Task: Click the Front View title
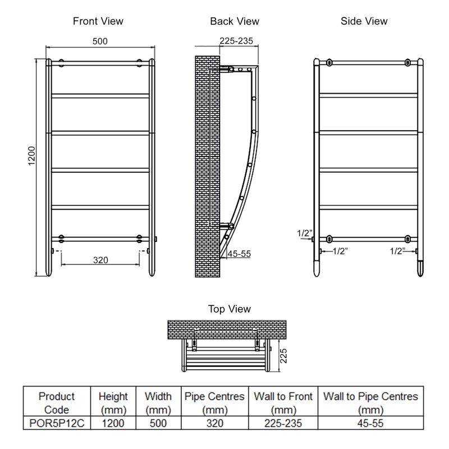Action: (x=98, y=21)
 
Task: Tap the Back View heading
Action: (x=235, y=21)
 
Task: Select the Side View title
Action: (x=364, y=21)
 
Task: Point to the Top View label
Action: (x=230, y=309)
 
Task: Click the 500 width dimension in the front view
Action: (x=100, y=41)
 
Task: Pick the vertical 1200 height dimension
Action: (x=31, y=156)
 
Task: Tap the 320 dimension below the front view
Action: (x=100, y=260)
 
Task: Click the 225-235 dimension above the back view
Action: (x=236, y=41)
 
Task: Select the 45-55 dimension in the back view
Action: (x=239, y=254)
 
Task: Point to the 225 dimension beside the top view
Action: (x=283, y=356)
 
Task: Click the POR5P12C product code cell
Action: (x=57, y=423)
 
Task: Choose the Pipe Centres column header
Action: (x=214, y=403)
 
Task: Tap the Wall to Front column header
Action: (x=283, y=403)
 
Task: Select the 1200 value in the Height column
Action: (x=113, y=423)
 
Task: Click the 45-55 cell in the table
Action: (x=370, y=423)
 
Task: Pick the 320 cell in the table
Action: (x=215, y=423)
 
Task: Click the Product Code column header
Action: (x=57, y=403)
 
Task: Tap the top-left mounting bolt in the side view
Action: (x=329, y=62)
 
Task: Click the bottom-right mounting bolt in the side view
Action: (x=407, y=239)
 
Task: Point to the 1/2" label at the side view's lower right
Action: (x=397, y=251)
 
